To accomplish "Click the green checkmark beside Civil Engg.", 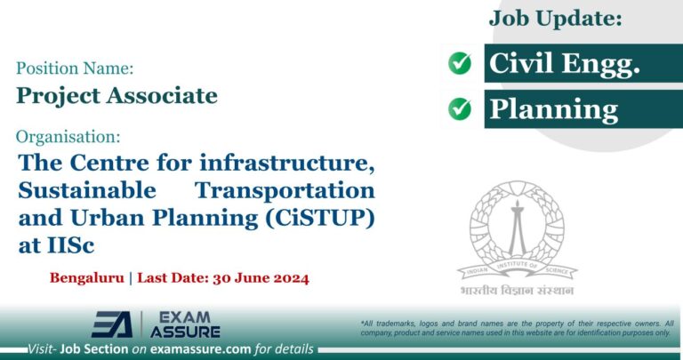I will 460,63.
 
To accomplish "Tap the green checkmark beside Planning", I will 460,108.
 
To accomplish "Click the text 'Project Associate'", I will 117,94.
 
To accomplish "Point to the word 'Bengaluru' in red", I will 86,278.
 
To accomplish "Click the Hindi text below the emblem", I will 517,291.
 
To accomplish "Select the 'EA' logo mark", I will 112,324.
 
